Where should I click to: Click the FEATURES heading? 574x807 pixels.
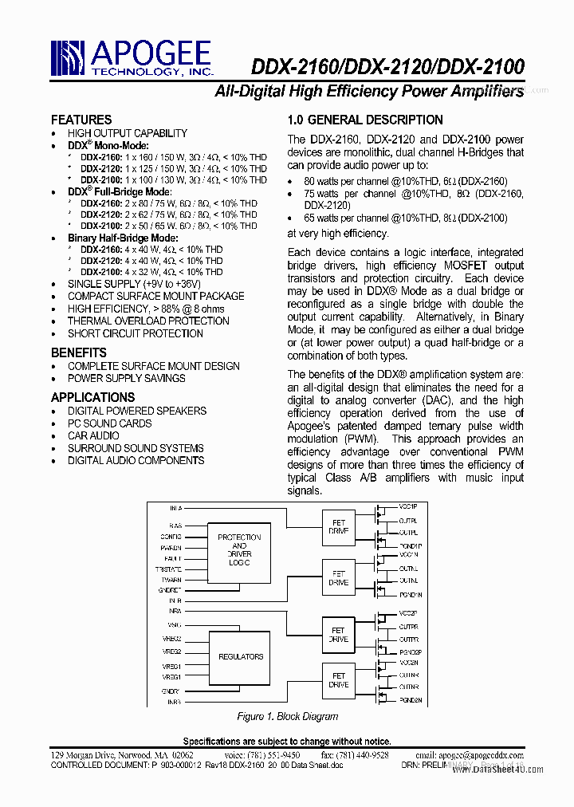point(81,120)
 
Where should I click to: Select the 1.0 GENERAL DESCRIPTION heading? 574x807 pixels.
point(364,120)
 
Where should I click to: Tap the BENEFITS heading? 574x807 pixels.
point(78,352)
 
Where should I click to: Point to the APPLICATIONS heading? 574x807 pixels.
point(92,397)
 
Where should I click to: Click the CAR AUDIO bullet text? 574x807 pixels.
point(93,435)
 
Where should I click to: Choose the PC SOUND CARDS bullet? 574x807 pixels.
point(109,423)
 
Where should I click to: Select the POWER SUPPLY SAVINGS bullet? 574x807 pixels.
point(126,379)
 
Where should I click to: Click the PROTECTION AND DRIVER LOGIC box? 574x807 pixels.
point(239,550)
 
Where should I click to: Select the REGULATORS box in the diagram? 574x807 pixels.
point(240,656)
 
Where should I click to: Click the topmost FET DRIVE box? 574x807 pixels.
point(339,526)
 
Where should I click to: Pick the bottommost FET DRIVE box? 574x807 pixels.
point(339,680)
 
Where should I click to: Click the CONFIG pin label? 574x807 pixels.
point(170,537)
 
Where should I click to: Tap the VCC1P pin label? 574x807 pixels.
point(409,507)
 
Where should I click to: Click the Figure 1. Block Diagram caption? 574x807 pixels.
point(287,716)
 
